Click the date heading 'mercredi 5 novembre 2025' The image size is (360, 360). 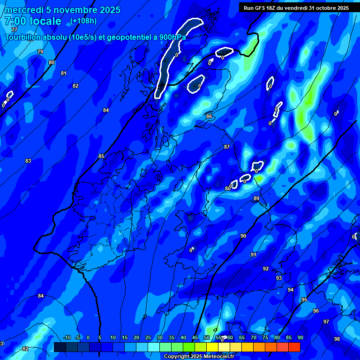(62, 10)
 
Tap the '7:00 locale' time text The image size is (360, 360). (33, 21)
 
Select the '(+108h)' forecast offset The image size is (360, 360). (83, 21)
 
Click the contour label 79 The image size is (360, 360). (40, 52)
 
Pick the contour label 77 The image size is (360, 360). (14, 30)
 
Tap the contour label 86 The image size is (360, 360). (209, 116)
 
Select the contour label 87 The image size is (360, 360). (227, 147)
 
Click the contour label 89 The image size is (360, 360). (256, 199)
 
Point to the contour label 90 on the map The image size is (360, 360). (243, 236)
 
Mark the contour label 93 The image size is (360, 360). (279, 278)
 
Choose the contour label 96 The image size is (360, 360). (316, 311)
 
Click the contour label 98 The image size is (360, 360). (337, 339)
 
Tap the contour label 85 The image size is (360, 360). (101, 156)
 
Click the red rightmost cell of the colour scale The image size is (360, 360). (294, 347)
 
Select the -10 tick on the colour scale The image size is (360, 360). (67, 337)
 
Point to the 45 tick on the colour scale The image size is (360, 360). (207, 337)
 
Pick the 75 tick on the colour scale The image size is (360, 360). (265, 337)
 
